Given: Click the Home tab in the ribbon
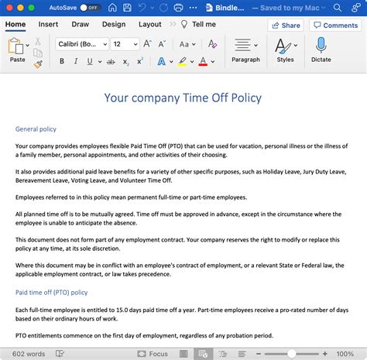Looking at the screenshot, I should (x=15, y=24).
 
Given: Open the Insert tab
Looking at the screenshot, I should (x=48, y=24).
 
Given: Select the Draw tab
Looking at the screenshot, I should (x=80, y=24).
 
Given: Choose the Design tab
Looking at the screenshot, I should (x=113, y=24).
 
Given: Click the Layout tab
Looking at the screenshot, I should (x=149, y=24).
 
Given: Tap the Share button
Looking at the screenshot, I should (x=285, y=25).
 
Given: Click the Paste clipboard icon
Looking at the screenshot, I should (x=17, y=48).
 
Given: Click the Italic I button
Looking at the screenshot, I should (x=76, y=61).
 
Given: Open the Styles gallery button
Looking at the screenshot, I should (x=285, y=49).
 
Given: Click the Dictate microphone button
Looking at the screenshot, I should (x=321, y=49).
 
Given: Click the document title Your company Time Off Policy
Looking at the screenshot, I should (x=183, y=98).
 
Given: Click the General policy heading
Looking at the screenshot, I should (x=36, y=129).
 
